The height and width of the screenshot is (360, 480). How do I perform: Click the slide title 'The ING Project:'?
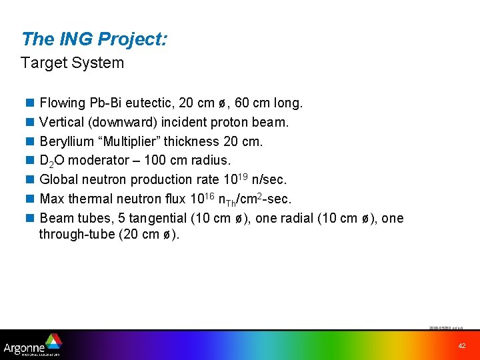pos(94,39)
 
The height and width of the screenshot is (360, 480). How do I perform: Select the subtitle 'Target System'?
pos(72,63)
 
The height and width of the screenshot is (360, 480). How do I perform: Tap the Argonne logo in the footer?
pos(32,345)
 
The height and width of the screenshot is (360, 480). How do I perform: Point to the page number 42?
pos(461,345)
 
